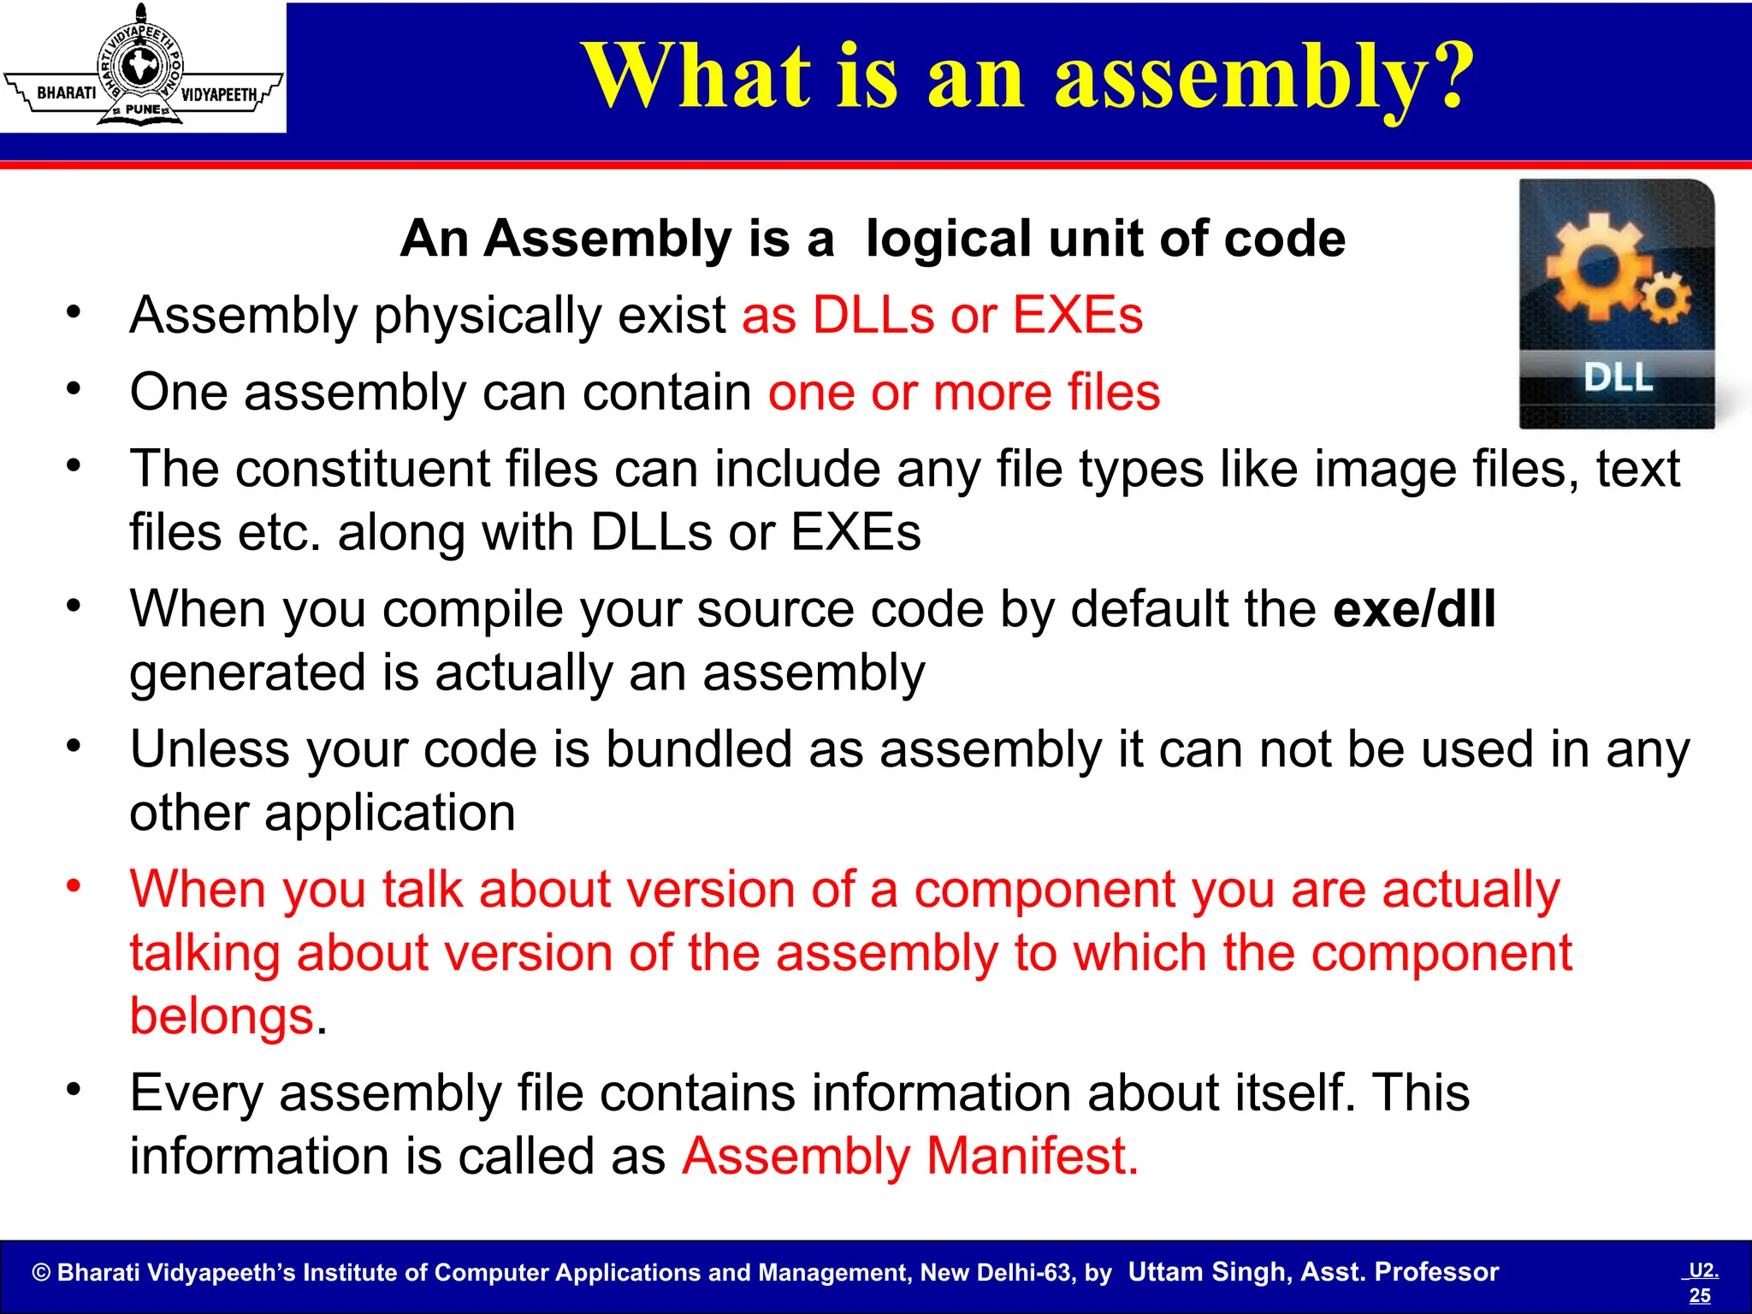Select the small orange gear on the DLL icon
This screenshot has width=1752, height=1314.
click(1665, 299)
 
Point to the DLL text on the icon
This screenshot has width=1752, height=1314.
click(1617, 377)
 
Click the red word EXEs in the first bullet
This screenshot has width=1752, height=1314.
click(1078, 315)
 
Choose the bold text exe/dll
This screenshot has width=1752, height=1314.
click(1414, 609)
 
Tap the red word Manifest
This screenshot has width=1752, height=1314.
click(1033, 1156)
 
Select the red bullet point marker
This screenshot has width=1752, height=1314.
click(74, 886)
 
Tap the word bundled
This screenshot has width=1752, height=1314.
click(699, 749)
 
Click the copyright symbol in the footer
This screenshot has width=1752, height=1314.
click(41, 1273)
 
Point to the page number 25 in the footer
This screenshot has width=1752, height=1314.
click(1700, 1295)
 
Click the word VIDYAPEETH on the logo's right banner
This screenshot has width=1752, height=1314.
click(219, 94)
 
